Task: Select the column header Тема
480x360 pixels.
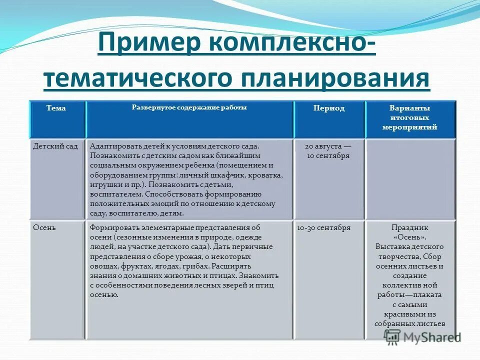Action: [x=56, y=108]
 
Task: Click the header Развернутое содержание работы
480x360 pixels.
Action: [x=189, y=107]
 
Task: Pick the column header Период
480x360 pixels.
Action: [x=328, y=108]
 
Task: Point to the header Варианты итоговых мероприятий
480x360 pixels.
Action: [x=409, y=117]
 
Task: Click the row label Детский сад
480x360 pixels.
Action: [x=55, y=146]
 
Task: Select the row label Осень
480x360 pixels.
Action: [x=44, y=227]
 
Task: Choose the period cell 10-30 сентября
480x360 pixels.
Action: [x=323, y=227]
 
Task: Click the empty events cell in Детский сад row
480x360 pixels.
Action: [x=409, y=177]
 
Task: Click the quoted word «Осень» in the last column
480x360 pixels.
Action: [x=409, y=237]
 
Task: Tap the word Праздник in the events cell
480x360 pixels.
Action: [x=409, y=227]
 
